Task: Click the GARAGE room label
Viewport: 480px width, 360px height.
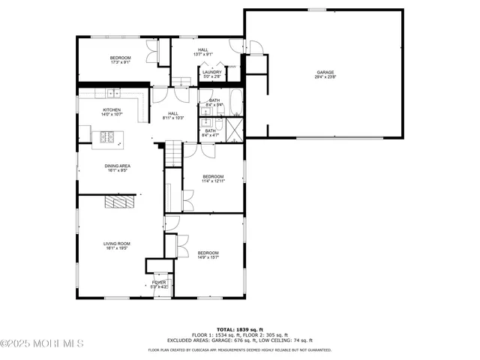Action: point(325,72)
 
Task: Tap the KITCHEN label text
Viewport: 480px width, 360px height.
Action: point(112,110)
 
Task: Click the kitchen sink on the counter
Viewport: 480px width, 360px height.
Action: point(112,93)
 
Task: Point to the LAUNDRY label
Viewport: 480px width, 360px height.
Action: point(212,72)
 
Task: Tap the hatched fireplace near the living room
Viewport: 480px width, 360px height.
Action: point(120,202)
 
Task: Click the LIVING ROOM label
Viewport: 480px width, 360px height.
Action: point(117,244)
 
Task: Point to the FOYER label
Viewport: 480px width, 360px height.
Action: point(158,282)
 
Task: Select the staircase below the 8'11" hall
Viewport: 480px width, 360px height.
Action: point(173,154)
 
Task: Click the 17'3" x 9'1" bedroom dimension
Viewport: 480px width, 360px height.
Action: point(121,63)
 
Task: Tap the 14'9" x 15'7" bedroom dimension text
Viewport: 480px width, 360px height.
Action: point(208,258)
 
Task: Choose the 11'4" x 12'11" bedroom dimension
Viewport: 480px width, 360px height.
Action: point(214,181)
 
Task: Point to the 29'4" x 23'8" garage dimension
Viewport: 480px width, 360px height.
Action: point(325,77)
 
